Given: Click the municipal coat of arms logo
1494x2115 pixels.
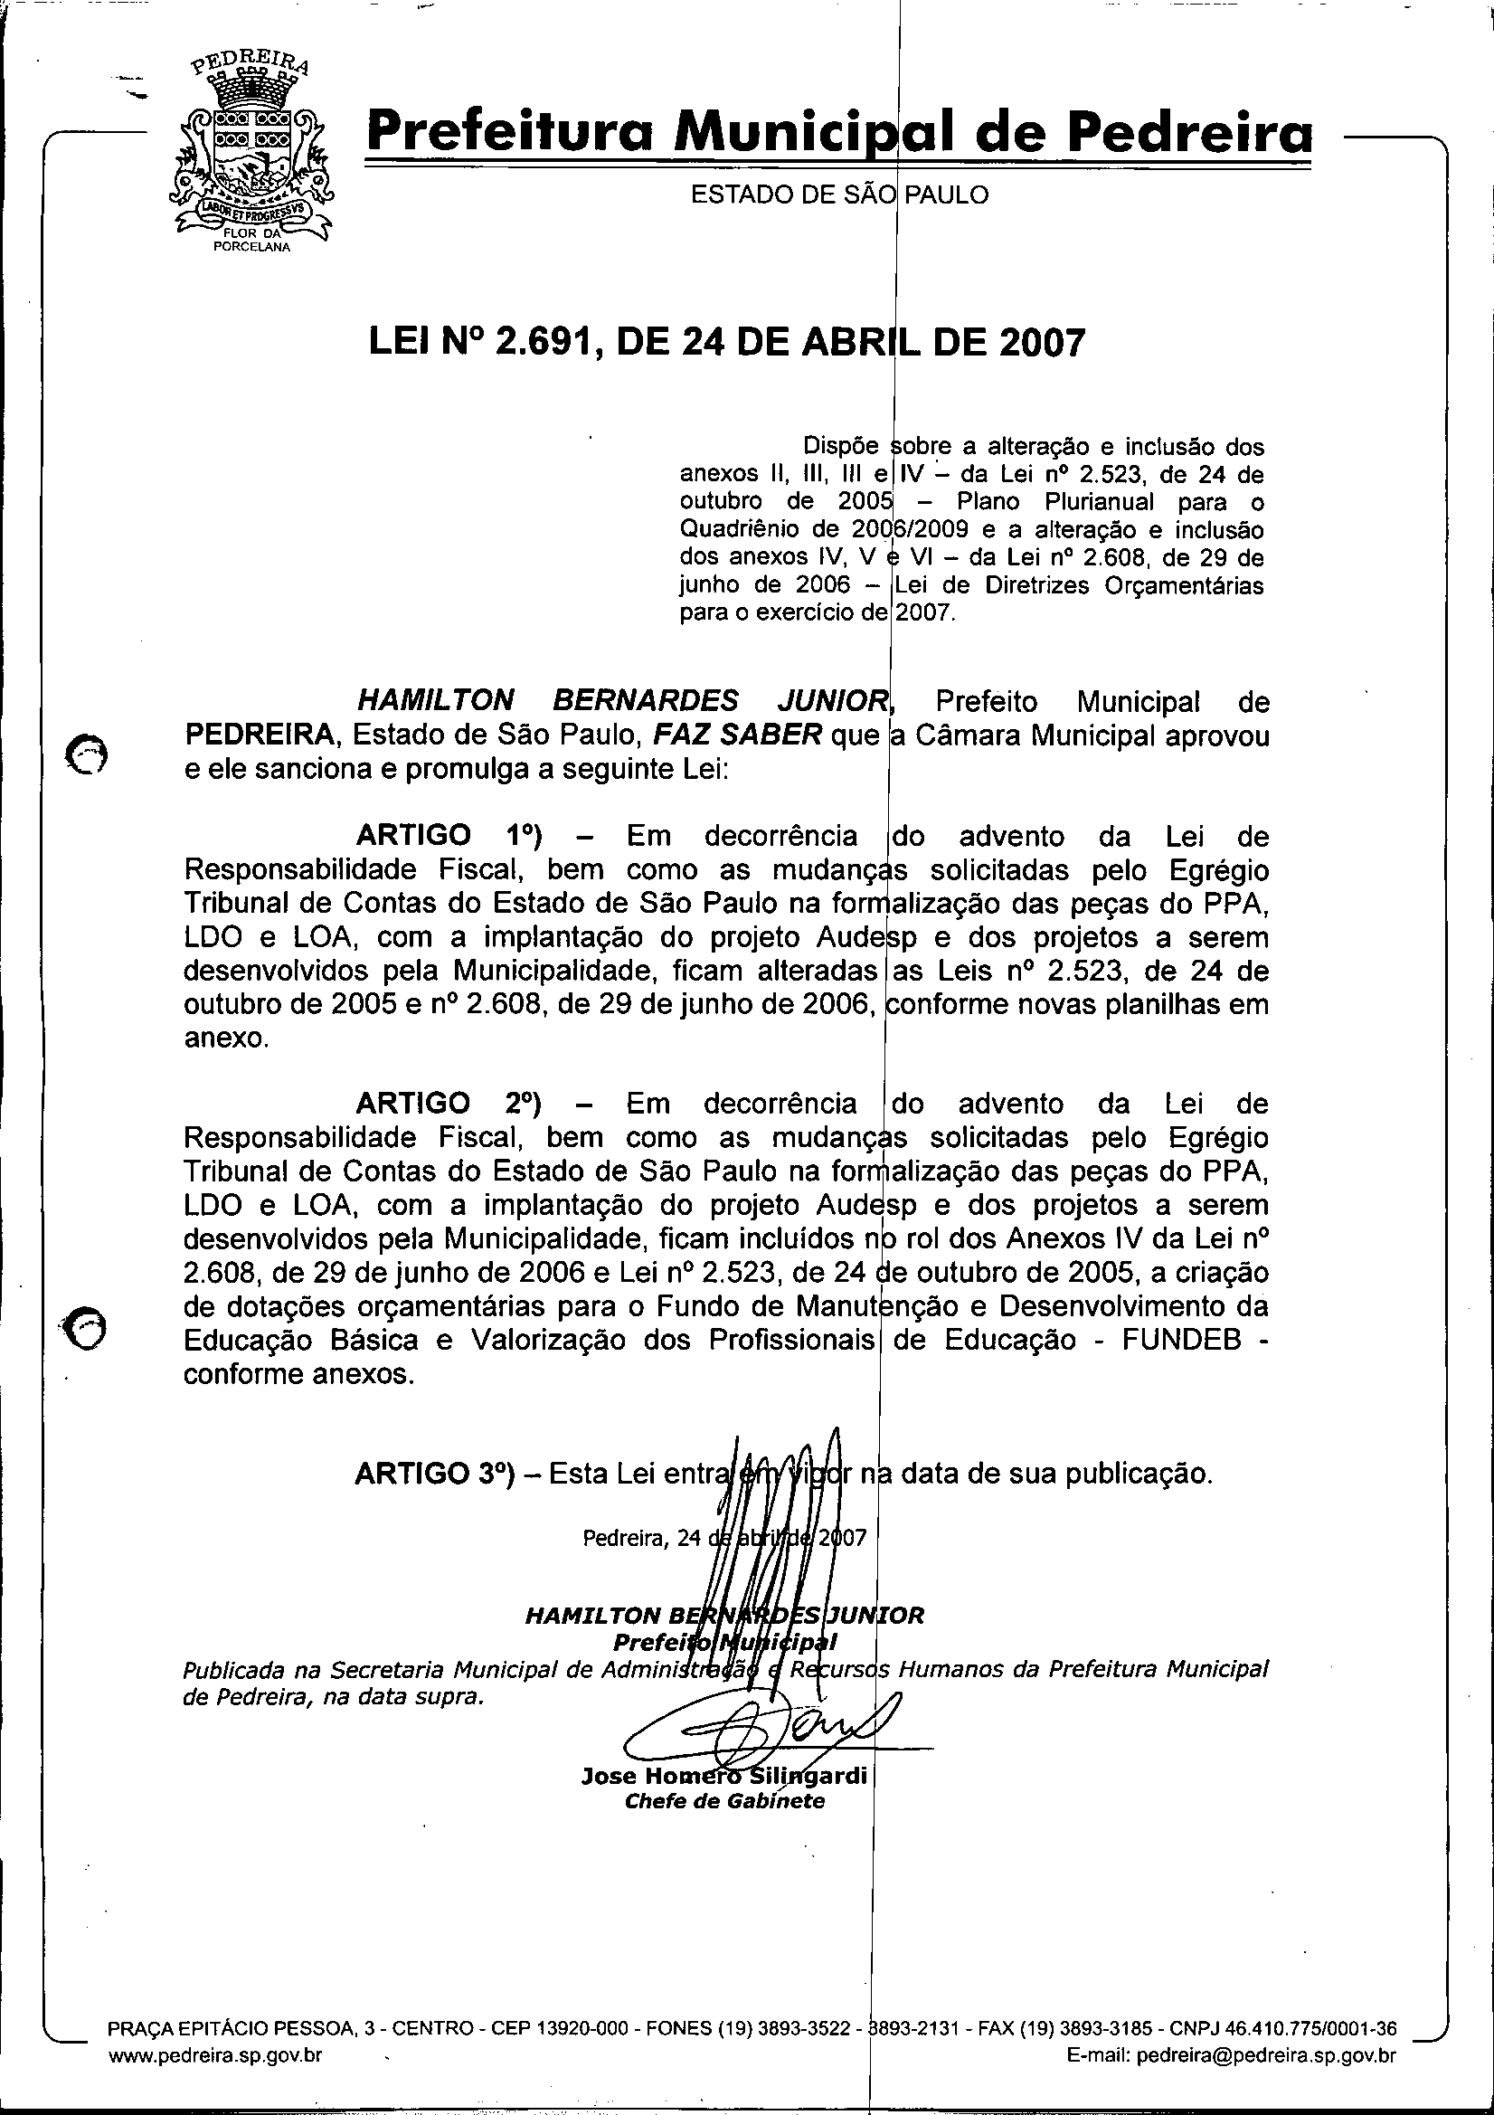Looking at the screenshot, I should tap(251, 152).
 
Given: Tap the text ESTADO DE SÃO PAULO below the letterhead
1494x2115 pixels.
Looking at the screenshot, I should tap(839, 195).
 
